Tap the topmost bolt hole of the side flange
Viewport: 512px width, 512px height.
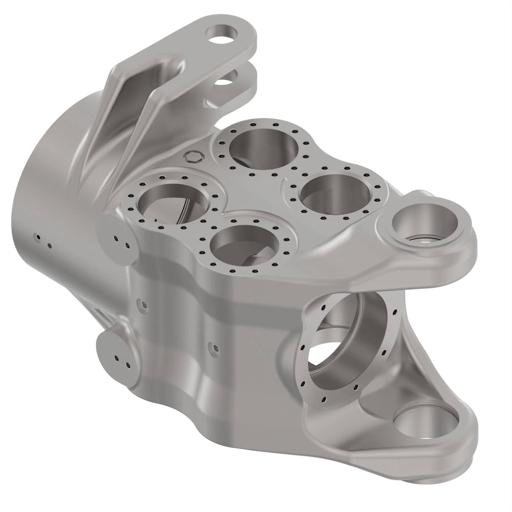(x=324, y=307)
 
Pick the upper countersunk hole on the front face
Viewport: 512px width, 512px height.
(x=144, y=304)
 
